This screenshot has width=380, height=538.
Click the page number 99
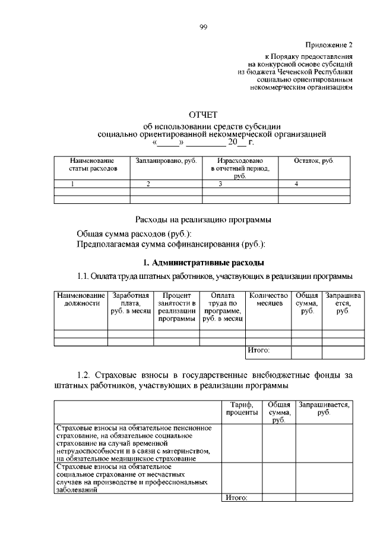pyautogui.click(x=202, y=27)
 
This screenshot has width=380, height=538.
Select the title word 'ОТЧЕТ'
pyautogui.click(x=203, y=115)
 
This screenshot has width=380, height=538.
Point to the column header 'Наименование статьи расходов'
pyautogui.click(x=91, y=165)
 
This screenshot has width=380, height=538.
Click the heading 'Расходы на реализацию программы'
pyautogui.click(x=204, y=219)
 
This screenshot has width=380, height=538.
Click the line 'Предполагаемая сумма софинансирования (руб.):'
pyautogui.click(x=171, y=244)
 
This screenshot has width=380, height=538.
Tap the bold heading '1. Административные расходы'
pyautogui.click(x=204, y=262)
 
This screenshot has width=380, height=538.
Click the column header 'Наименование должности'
pyautogui.click(x=81, y=299)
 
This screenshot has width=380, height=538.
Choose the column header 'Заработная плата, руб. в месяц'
pyautogui.click(x=130, y=303)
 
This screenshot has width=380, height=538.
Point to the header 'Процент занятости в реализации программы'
pyautogui.click(x=176, y=307)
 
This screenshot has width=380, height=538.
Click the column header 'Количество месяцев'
pyautogui.click(x=268, y=299)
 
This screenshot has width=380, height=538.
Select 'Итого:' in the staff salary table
pyautogui.click(x=259, y=351)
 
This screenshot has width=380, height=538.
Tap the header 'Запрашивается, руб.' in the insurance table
pyautogui.click(x=324, y=408)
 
